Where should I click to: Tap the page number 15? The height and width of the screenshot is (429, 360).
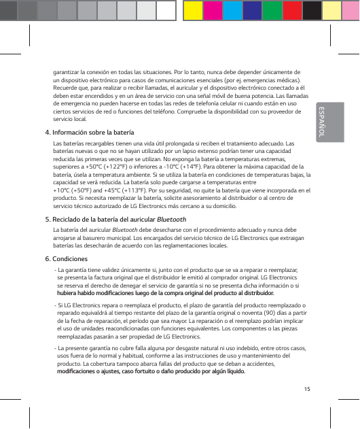308,389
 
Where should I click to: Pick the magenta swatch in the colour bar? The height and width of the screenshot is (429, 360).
214,10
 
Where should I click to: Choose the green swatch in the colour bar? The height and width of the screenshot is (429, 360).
272,10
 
